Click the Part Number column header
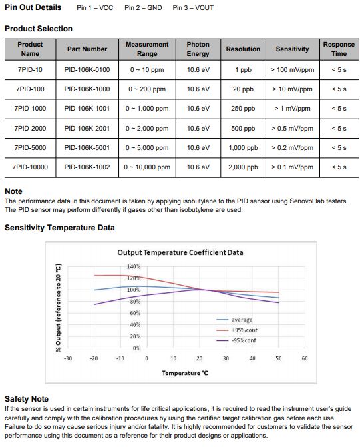87,49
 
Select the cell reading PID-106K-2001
87,129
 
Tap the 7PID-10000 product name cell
30,167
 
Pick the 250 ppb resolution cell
243,109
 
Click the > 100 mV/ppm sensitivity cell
293,70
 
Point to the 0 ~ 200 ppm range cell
147,89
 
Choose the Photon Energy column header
198,49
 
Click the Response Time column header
339,49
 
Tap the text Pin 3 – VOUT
193,8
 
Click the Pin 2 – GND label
143,8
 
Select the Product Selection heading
39,29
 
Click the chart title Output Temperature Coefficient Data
180,252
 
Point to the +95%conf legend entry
237,330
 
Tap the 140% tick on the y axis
134,266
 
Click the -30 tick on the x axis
67,358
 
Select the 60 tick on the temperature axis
305,358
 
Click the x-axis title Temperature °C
185,373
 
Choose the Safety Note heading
27,399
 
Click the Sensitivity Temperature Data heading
60,228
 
